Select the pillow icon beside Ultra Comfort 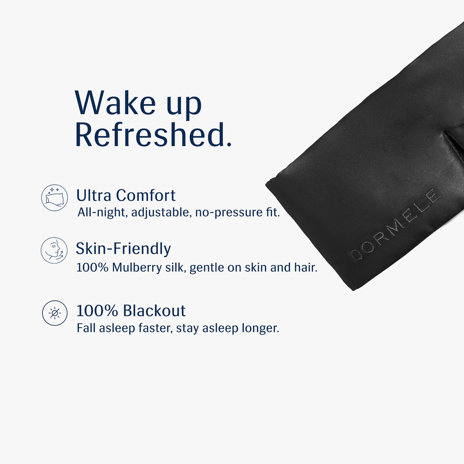55,197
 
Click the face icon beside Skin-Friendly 54,250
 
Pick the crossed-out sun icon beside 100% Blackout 55,313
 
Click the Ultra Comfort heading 126,195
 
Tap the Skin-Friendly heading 123,248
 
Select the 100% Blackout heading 131,311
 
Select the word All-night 102,212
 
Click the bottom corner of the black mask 353,289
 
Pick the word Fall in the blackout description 86,328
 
